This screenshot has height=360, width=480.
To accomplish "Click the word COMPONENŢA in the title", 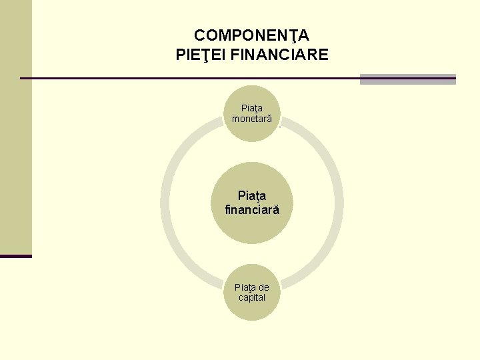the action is coord(251,35).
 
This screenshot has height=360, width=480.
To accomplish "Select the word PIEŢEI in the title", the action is coord(200,55).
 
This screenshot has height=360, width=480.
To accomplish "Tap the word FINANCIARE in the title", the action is coord(279,55).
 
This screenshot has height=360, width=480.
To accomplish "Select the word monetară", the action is coord(251,119).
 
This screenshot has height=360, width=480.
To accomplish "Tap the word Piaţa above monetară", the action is coord(252,108).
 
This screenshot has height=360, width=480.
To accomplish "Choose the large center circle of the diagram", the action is coord(251,203).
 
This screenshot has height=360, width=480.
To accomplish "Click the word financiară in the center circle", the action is coord(252,210).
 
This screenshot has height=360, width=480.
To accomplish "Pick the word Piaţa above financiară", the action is coord(252,196).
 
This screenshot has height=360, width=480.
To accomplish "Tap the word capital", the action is coord(252,297).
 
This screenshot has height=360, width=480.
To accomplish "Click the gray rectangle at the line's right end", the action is coord(407,79).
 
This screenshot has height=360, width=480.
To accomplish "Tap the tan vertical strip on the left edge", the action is coord(15,127).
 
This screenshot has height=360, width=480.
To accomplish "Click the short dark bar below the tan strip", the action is coord(15,256).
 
